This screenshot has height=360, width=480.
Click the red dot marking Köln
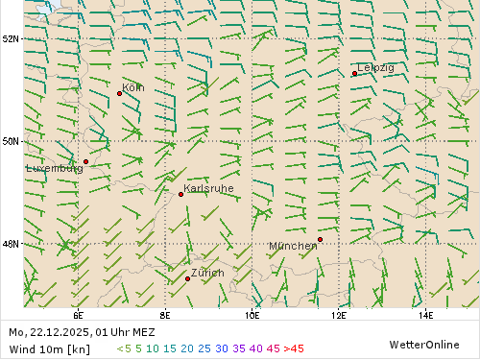click(x=119, y=93)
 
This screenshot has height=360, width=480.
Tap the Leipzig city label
click(x=375, y=67)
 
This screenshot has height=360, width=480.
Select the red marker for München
click(x=320, y=239)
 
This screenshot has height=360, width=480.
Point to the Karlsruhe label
click(x=208, y=189)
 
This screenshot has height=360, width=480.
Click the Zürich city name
click(x=207, y=273)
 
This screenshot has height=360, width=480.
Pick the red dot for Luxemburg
click(x=85, y=161)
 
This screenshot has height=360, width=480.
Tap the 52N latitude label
click(x=11, y=39)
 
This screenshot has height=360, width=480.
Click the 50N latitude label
click(x=11, y=141)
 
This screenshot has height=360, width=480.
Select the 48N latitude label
click(x=11, y=244)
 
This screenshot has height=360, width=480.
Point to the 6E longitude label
click(x=77, y=314)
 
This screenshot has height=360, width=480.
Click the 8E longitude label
click(x=165, y=314)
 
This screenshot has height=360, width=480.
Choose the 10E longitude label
click(x=252, y=314)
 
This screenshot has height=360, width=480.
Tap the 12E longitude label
click(x=339, y=314)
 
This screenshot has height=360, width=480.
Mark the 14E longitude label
click(x=425, y=314)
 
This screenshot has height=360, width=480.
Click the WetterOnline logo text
click(x=423, y=344)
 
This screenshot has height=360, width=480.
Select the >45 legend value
click(x=294, y=348)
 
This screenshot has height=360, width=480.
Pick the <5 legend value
click(x=123, y=348)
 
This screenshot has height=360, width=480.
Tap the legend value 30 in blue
click(x=221, y=348)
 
